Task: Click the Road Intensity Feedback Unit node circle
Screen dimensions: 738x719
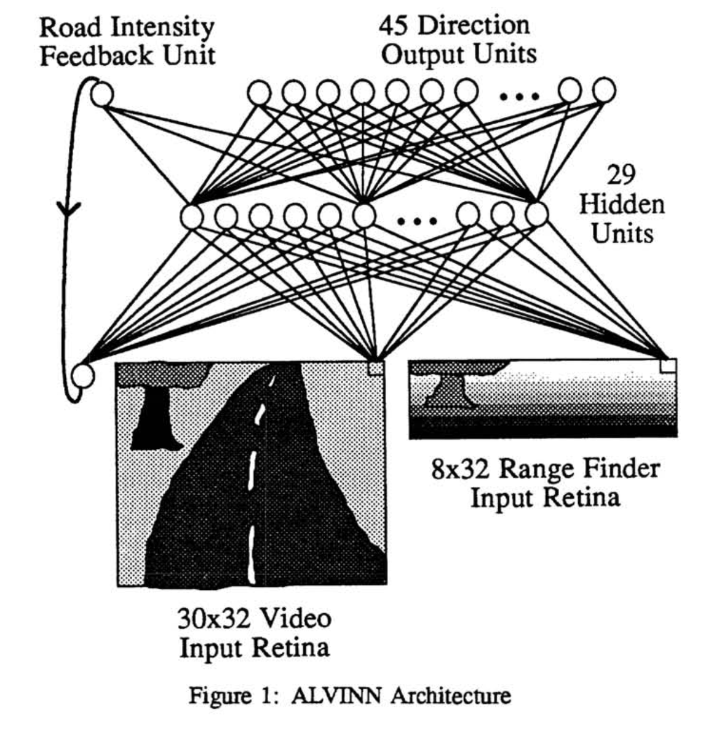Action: [x=102, y=94]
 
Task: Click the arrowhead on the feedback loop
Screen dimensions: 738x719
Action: [x=69, y=209]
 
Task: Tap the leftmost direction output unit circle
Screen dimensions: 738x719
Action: [x=259, y=93]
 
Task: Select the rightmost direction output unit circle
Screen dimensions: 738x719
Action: [x=604, y=90]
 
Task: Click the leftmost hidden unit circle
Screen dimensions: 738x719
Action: [x=193, y=216]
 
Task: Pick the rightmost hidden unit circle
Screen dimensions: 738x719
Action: [x=537, y=213]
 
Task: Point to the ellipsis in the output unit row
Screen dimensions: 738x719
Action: [x=520, y=96]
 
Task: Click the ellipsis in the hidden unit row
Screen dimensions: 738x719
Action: [x=417, y=220]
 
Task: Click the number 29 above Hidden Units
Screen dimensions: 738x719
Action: [x=621, y=176]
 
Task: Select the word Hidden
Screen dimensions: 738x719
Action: [x=622, y=204]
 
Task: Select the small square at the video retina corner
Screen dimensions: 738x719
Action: [x=375, y=368]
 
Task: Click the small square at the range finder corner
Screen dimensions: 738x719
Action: [x=667, y=365]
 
